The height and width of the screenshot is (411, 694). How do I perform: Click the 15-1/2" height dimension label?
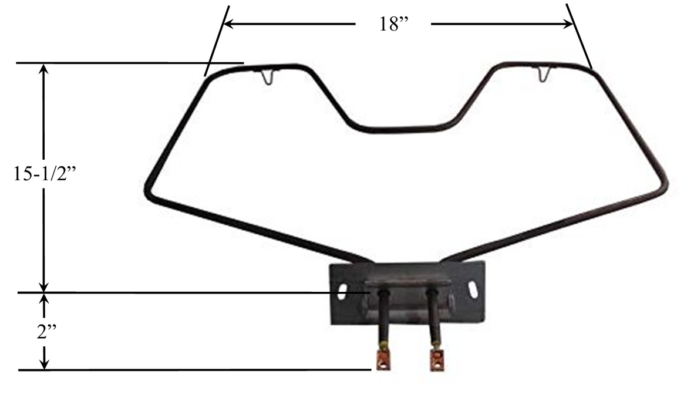[45, 175]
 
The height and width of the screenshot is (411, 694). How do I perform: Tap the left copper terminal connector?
[383, 359]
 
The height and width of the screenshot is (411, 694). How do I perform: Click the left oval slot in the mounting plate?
[343, 289]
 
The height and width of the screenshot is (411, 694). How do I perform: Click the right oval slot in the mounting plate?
[472, 288]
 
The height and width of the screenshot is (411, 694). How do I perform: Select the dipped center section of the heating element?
[405, 128]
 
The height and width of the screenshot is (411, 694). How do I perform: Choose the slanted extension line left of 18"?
[215, 41]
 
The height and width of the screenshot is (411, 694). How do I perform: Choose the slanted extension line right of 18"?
[580, 36]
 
